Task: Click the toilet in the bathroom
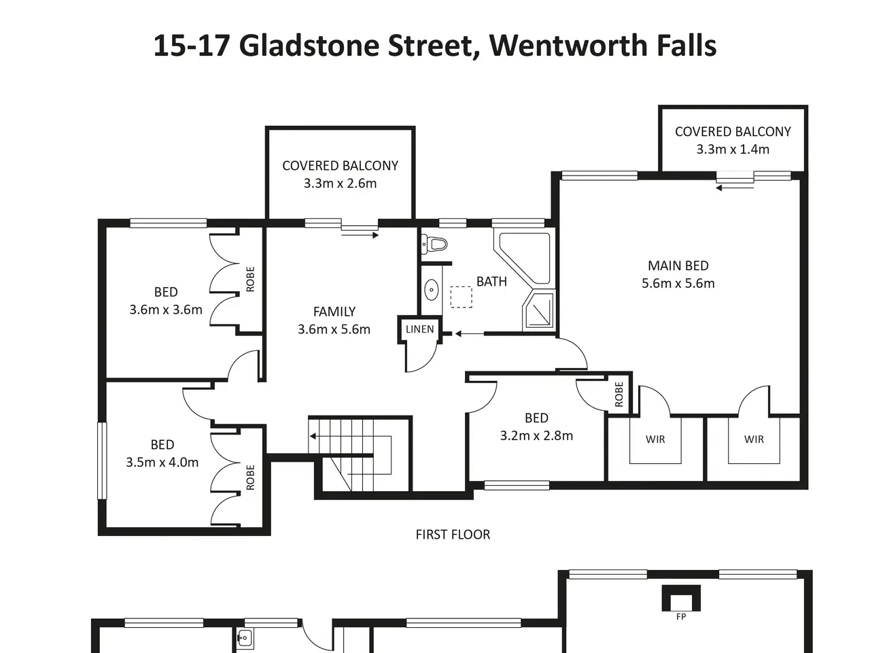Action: pyautogui.click(x=434, y=244)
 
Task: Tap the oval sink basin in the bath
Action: pyautogui.click(x=431, y=290)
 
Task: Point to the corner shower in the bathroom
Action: pyautogui.click(x=539, y=310)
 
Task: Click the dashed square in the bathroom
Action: pyautogui.click(x=461, y=297)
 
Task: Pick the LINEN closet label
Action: pyautogui.click(x=420, y=329)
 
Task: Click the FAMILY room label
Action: pyautogui.click(x=334, y=312)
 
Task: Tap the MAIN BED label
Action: pyautogui.click(x=678, y=265)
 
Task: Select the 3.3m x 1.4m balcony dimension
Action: pyautogui.click(x=733, y=149)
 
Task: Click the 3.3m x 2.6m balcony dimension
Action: pyautogui.click(x=340, y=183)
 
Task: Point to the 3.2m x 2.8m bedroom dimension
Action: pyautogui.click(x=536, y=435)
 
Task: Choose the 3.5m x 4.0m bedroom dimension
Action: pyautogui.click(x=162, y=462)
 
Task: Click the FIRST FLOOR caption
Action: pyautogui.click(x=453, y=535)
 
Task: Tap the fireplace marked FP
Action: pyautogui.click(x=681, y=599)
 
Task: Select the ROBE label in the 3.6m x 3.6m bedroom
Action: pyautogui.click(x=250, y=279)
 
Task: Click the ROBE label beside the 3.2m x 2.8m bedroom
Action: pyautogui.click(x=619, y=394)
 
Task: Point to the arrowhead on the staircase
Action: pyautogui.click(x=313, y=436)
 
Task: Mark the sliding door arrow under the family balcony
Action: pyautogui.click(x=360, y=235)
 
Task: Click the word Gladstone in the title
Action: pyautogui.click(x=309, y=46)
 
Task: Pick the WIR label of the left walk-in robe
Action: pyautogui.click(x=655, y=439)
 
